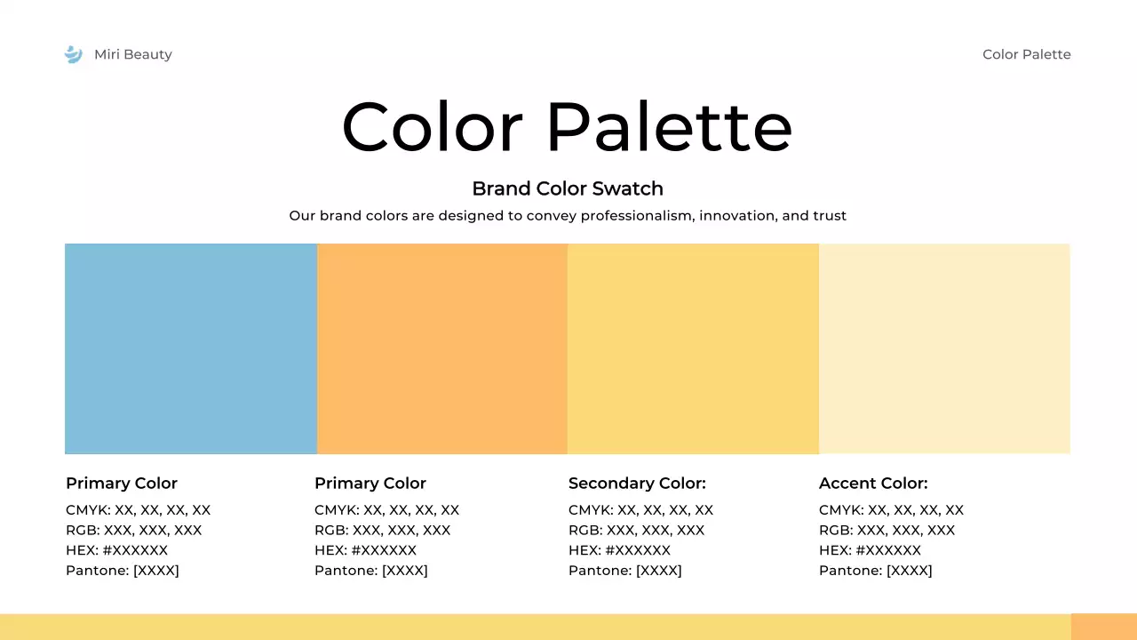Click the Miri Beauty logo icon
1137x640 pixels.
(x=73, y=54)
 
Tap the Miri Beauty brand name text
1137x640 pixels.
(x=133, y=54)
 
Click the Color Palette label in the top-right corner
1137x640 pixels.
(x=1026, y=54)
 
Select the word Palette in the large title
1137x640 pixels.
(x=668, y=127)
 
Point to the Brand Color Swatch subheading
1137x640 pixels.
(x=568, y=188)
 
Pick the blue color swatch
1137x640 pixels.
(x=191, y=348)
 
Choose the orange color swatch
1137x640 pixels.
(x=442, y=348)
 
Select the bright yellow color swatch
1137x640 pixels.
(x=693, y=348)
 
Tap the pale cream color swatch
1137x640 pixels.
(x=944, y=348)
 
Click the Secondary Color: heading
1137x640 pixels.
(x=637, y=484)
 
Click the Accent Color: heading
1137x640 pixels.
(x=873, y=484)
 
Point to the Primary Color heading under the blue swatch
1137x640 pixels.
(x=122, y=484)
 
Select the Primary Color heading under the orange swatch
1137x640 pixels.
(x=370, y=484)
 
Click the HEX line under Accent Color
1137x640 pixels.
(x=870, y=550)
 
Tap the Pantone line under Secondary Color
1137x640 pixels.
(x=625, y=571)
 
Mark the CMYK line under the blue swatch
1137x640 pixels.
(x=138, y=510)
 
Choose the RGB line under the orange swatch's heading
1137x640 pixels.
(x=382, y=531)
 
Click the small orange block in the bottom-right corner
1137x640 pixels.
(x=1103, y=627)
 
